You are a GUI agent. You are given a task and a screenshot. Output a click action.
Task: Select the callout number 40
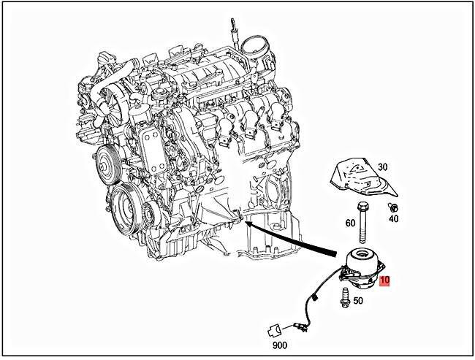(x=394, y=218)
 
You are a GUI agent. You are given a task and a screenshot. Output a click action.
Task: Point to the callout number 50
(x=358, y=299)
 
